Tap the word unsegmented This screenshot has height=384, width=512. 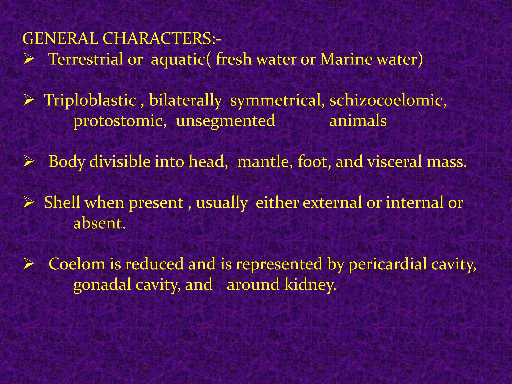click(x=225, y=121)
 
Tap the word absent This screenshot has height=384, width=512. click(x=99, y=223)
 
